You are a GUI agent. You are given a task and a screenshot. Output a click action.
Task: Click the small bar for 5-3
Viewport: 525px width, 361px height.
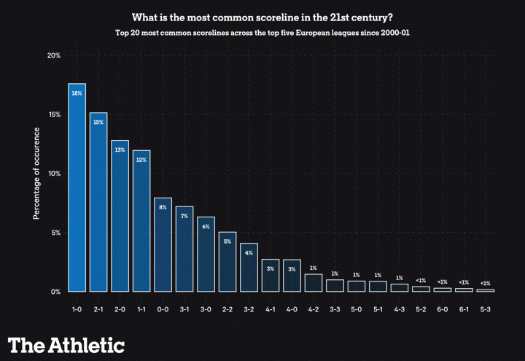click(x=486, y=290)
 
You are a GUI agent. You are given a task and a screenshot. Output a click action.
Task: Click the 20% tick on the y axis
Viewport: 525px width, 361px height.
click(x=53, y=55)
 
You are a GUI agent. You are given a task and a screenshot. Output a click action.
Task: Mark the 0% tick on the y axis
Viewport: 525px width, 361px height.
click(x=55, y=292)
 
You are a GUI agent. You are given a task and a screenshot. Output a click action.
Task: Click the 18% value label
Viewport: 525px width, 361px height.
click(x=77, y=93)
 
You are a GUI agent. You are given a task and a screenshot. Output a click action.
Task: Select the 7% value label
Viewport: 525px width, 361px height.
click(x=184, y=216)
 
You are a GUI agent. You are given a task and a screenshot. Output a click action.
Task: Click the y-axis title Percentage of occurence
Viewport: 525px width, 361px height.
click(x=36, y=174)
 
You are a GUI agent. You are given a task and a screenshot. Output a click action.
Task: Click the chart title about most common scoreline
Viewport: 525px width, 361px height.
click(x=262, y=17)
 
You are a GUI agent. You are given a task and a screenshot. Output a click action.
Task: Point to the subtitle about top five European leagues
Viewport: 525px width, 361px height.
click(x=262, y=33)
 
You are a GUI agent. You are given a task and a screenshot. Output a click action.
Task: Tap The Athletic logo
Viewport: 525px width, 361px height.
click(x=66, y=344)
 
